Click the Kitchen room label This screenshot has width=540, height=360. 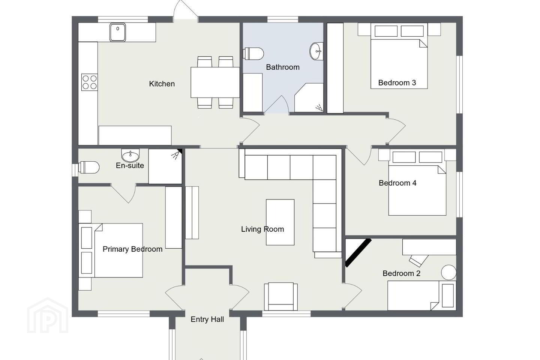[162, 84]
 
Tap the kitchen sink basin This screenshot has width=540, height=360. [118, 32]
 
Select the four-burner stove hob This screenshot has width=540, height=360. [89, 82]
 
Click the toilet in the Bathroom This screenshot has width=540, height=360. [253, 53]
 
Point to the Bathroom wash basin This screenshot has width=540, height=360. [316, 51]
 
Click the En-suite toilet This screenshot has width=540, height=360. [89, 167]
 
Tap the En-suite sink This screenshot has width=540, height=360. [130, 155]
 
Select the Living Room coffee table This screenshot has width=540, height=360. [280, 222]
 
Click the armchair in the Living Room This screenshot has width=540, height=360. [281, 296]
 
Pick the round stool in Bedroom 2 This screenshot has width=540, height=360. [448, 273]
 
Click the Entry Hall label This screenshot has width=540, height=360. [207, 319]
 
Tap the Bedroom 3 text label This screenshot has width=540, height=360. [397, 83]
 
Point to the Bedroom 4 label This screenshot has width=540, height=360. [397, 183]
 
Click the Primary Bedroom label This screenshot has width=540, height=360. [133, 249]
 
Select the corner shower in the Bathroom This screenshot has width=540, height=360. [309, 97]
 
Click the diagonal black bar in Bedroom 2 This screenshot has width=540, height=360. [358, 253]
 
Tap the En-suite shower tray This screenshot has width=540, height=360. [165, 166]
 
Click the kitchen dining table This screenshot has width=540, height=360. [215, 82]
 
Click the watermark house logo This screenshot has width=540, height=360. [48, 315]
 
